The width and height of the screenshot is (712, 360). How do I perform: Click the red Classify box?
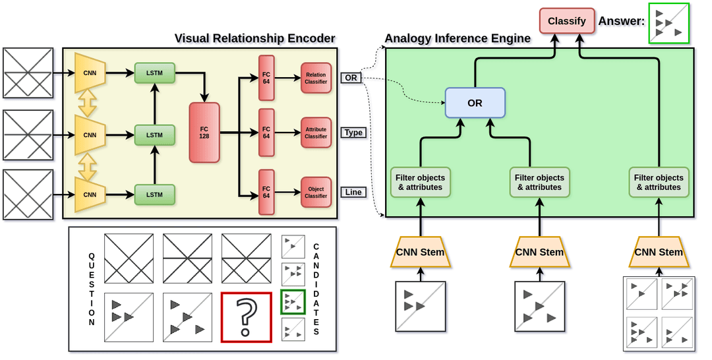pos(566,20)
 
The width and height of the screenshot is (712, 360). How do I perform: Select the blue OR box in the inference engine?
pos(475,103)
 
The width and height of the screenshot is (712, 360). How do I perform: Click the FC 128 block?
pos(204,132)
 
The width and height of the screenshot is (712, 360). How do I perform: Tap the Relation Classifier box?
pos(316,78)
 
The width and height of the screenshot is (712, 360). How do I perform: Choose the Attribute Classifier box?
pos(316,133)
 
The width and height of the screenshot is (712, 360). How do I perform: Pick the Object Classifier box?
pos(316,192)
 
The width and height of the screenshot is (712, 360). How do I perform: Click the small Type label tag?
pos(353,133)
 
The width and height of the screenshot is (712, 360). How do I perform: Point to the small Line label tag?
pos(353,192)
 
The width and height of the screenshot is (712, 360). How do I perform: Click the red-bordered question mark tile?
pos(247,317)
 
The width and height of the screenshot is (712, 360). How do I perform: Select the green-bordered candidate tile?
pos(293,301)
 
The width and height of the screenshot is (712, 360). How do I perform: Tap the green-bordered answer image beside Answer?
pos(668,23)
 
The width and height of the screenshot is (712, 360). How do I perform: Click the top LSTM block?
pos(154,72)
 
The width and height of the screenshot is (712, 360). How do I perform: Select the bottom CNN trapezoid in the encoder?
pos(90,195)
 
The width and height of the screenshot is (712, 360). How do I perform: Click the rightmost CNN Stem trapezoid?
pos(659,252)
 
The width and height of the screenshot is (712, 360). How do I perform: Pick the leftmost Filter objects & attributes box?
pos(420,183)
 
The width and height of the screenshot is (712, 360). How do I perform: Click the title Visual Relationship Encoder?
pos(254,38)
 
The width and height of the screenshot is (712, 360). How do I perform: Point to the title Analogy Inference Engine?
pos(458,38)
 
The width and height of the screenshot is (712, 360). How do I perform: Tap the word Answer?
pos(621,21)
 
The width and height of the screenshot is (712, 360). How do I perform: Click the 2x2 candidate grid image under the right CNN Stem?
pos(659,313)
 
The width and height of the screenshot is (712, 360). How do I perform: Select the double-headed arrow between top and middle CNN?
pos(88,102)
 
